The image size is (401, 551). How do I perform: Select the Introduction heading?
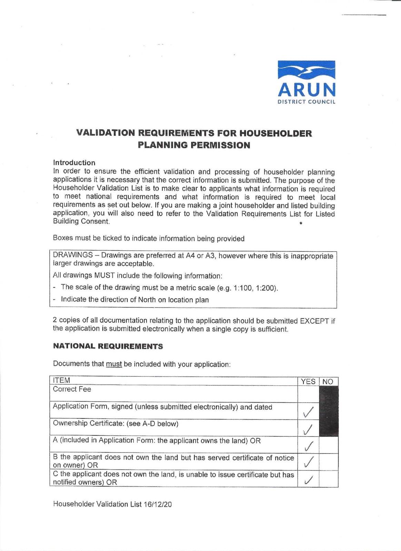[x=74, y=163]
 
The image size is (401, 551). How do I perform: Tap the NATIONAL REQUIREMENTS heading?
[x=108, y=346]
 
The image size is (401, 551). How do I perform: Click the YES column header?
[x=308, y=381]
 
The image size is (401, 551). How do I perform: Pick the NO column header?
[x=328, y=381]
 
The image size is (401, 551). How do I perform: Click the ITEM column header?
[x=61, y=381]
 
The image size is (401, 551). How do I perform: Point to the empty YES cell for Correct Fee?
[x=308, y=393]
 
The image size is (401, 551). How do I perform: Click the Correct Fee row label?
[x=72, y=389]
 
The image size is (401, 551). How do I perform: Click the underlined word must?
[x=114, y=364]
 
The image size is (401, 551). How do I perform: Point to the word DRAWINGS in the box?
[x=73, y=255]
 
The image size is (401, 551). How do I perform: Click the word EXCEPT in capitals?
[x=314, y=321]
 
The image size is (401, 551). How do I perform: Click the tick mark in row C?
[x=308, y=479]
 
